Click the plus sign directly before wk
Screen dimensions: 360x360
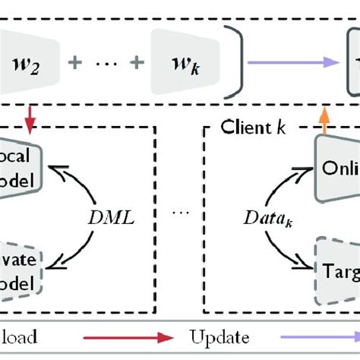(137, 59)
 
